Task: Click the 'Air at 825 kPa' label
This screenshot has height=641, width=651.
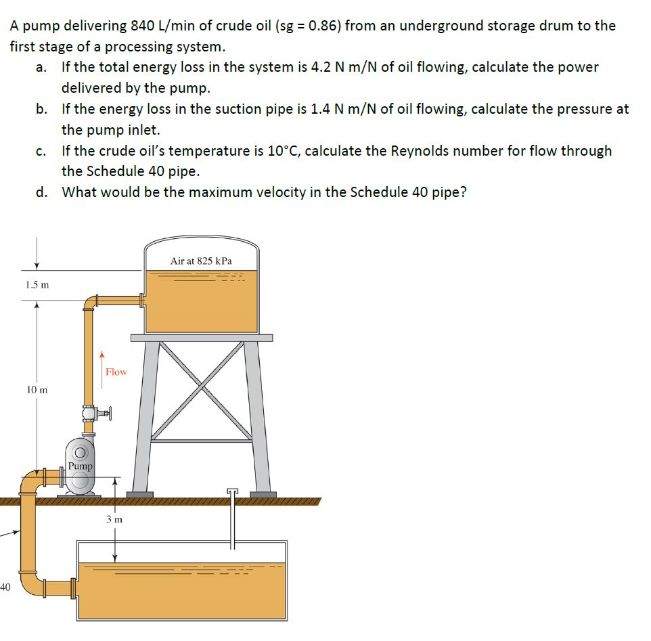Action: coord(201,261)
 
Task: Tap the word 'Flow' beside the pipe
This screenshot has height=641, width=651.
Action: coord(116,372)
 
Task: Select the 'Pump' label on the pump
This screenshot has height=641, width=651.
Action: coord(80,466)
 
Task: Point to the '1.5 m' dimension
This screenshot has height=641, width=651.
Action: coord(37,284)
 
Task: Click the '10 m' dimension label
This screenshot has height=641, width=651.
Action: coord(37,390)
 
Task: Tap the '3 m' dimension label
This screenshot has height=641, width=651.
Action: coord(114,520)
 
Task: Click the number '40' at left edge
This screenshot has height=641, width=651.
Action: coord(5,587)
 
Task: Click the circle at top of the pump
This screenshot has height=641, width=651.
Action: coord(80,451)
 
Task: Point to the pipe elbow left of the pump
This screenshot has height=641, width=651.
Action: coord(30,485)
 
